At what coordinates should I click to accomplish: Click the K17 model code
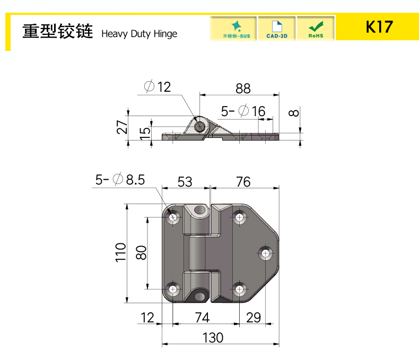click(379, 27)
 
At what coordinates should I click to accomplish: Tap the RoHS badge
click(316, 29)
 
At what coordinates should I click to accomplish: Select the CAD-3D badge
click(277, 29)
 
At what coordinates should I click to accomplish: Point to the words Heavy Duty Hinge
click(139, 34)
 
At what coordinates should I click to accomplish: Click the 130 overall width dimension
click(213, 338)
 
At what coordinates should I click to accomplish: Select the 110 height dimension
click(120, 253)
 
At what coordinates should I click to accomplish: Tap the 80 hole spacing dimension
click(142, 253)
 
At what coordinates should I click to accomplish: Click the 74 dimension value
click(202, 318)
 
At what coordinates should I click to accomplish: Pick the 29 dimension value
click(254, 318)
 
